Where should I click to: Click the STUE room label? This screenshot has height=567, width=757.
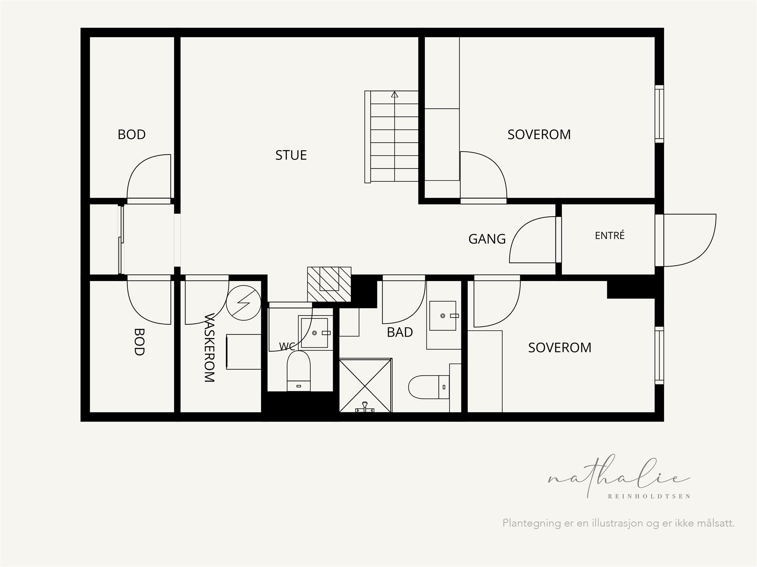point(291,155)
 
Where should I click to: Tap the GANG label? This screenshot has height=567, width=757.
point(487,239)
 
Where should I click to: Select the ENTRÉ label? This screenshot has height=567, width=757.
point(610,236)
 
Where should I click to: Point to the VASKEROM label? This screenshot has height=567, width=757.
point(209,348)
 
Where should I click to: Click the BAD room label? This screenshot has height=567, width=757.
point(400,332)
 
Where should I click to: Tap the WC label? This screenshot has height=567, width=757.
point(287,347)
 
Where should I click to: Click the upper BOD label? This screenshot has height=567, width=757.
point(132,135)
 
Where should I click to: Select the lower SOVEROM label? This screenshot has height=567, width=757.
point(560,347)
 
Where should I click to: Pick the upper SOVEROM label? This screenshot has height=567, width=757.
point(539,135)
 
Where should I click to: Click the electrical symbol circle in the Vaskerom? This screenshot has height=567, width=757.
point(244,303)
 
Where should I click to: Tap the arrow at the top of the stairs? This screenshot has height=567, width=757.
point(394,95)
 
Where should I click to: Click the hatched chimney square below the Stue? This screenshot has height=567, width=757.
point(329,284)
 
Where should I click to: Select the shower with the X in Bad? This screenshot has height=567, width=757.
point(365,385)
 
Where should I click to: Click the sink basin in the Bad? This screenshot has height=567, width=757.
point(443,315)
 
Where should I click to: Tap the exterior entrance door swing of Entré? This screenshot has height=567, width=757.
point(690,240)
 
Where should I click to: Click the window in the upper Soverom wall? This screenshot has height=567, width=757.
point(659,114)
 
